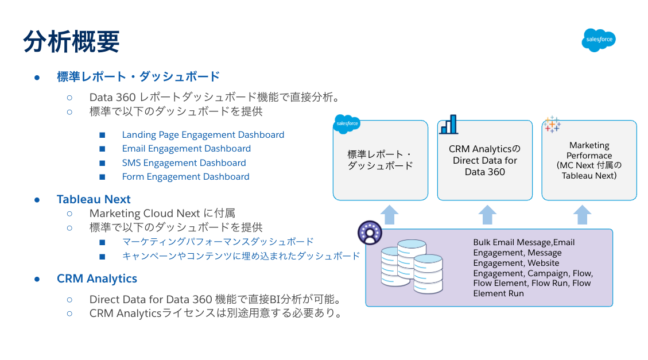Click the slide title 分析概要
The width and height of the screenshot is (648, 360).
(72, 41)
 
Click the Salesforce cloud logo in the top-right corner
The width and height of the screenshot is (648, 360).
(599, 40)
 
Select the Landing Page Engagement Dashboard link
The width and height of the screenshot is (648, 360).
(203, 135)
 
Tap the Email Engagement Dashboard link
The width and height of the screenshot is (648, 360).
(187, 148)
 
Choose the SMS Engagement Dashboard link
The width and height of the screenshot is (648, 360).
(184, 163)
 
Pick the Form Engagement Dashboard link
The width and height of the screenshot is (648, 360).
(185, 176)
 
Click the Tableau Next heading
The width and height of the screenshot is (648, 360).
(94, 199)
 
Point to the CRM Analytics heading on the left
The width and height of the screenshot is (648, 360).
(96, 278)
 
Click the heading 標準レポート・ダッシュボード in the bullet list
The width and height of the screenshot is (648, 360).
(138, 76)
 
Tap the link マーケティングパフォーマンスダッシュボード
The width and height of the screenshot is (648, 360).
(218, 241)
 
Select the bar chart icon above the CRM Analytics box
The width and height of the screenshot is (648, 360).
(449, 125)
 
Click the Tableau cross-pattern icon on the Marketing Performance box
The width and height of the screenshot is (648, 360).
(552, 125)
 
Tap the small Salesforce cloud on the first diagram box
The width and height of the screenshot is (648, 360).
(347, 123)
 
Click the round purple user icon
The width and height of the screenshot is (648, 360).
(370, 233)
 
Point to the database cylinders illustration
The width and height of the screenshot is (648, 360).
(412, 266)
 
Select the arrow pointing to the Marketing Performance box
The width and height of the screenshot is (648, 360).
(582, 215)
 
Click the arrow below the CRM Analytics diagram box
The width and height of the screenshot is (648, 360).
(487, 215)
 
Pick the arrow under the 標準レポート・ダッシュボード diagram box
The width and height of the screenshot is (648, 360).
(389, 215)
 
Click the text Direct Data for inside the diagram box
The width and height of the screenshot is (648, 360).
(485, 160)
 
